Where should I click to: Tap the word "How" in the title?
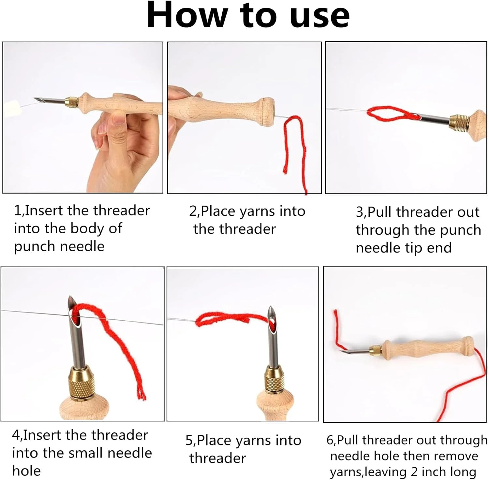pyautogui.click(x=187, y=15)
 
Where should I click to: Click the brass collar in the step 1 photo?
pyautogui.click(x=73, y=102)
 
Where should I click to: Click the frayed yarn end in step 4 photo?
pyautogui.click(x=141, y=395)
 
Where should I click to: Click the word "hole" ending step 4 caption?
pyautogui.click(x=26, y=471)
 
